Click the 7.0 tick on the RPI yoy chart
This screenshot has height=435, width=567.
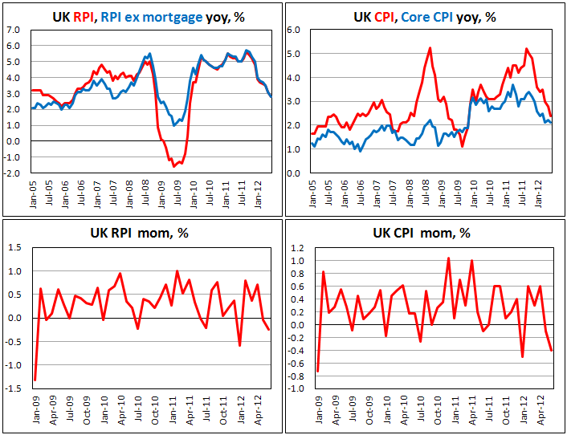point(13,30)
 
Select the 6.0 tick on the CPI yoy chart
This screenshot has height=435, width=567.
point(294,30)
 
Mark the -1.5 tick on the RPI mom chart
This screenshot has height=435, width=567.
point(13,388)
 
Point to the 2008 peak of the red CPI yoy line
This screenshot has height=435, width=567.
point(430,47)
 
